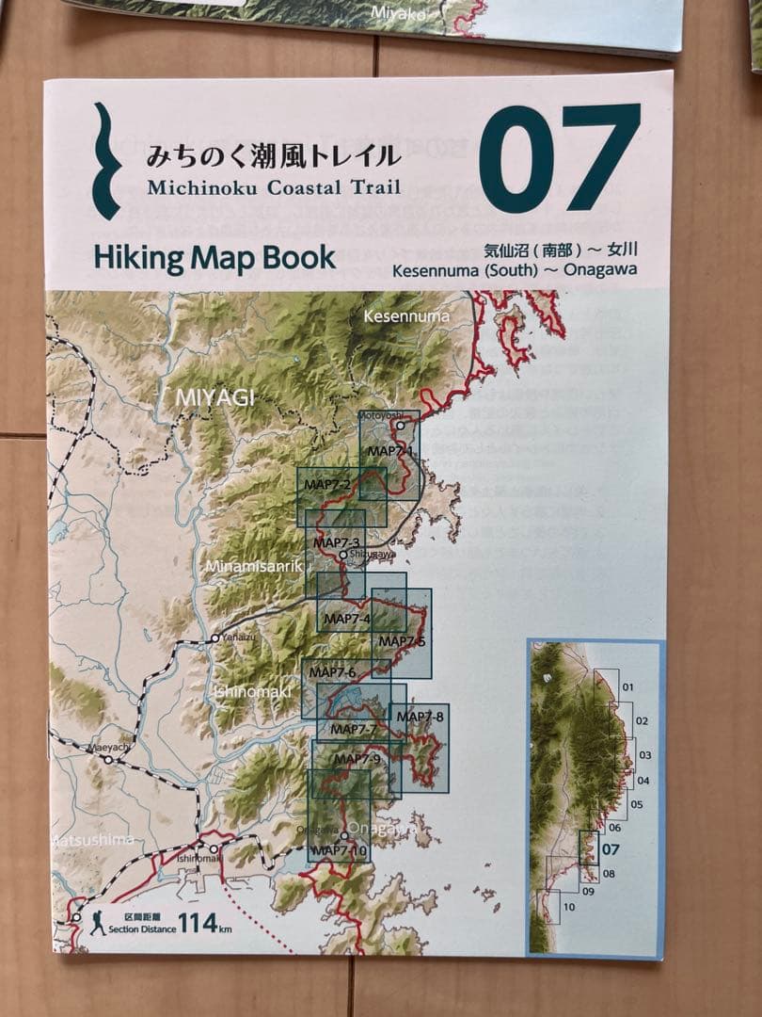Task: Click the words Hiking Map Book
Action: (214, 258)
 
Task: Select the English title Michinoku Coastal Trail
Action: (274, 186)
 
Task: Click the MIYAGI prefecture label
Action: (214, 398)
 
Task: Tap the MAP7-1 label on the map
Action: (390, 451)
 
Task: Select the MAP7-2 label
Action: (327, 485)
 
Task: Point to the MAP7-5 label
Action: (401, 641)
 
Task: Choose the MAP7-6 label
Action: (332, 672)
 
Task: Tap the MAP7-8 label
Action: (420, 717)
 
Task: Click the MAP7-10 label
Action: (341, 850)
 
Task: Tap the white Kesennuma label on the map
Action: (406, 316)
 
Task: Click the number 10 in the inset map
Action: (568, 907)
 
